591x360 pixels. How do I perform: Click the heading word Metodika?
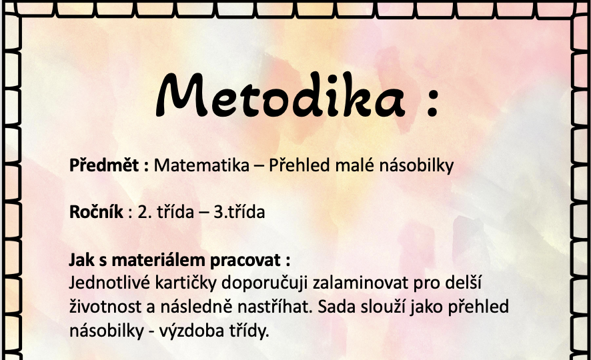click(280, 95)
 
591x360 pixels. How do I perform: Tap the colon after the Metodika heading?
click(433, 102)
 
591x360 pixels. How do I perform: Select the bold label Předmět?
click(104, 165)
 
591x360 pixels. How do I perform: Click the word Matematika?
click(201, 165)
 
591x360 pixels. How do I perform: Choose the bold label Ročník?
click(96, 211)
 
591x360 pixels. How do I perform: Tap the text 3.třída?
click(239, 211)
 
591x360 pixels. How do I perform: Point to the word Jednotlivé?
click(109, 283)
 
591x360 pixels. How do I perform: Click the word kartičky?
click(186, 283)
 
